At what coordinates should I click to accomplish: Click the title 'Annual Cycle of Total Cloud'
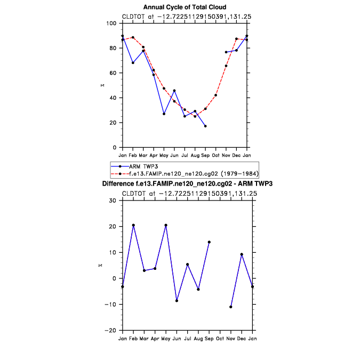coord(185,7)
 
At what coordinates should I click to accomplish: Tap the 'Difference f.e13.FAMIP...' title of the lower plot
coord(187,184)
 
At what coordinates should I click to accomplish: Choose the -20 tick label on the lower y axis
coord(112,331)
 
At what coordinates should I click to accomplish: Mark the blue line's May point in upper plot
coord(164,114)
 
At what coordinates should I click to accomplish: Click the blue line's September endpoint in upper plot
coord(205,126)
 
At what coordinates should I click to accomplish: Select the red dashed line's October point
coord(216,95)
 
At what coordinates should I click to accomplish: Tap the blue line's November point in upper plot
coord(226,52)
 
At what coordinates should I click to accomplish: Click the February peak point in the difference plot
coord(133,225)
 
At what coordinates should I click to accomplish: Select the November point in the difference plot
coord(231,307)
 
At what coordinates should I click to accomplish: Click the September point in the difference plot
coord(209,242)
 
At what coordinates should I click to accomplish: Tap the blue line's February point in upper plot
coord(133,63)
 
